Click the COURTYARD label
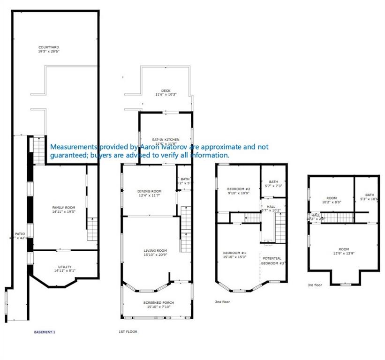48,47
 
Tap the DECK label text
166,90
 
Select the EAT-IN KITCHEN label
166,140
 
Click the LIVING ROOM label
155,251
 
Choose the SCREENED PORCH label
159,303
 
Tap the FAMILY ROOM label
63,208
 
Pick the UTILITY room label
65,267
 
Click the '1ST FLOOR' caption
128,332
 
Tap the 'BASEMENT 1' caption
45,332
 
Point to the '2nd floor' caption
222,302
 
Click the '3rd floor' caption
315,285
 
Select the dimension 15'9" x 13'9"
344,254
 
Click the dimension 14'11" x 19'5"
63,212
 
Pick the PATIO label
20,233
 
